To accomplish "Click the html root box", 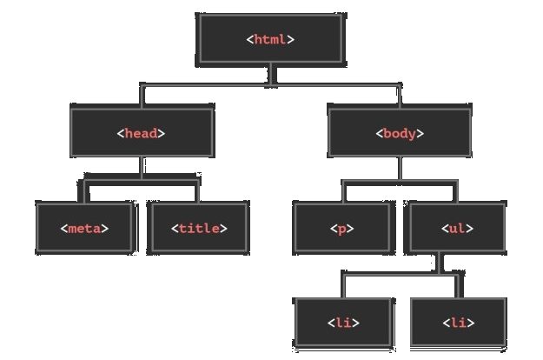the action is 271,39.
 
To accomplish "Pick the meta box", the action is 85,228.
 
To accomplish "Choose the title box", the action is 198,228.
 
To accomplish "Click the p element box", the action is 343,228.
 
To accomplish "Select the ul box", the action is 456,228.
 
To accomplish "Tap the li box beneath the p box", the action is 343,323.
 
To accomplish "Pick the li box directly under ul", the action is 459,323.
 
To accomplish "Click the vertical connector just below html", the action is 272,75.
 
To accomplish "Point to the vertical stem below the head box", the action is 142,169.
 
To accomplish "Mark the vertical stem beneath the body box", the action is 400,169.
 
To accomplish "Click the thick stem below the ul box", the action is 440,264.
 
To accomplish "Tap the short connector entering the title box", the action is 197,191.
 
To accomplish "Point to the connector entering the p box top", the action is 344,191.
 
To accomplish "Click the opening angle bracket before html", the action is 249,39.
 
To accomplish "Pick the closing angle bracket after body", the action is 420,133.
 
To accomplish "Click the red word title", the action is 199,228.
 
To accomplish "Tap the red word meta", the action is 84,229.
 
